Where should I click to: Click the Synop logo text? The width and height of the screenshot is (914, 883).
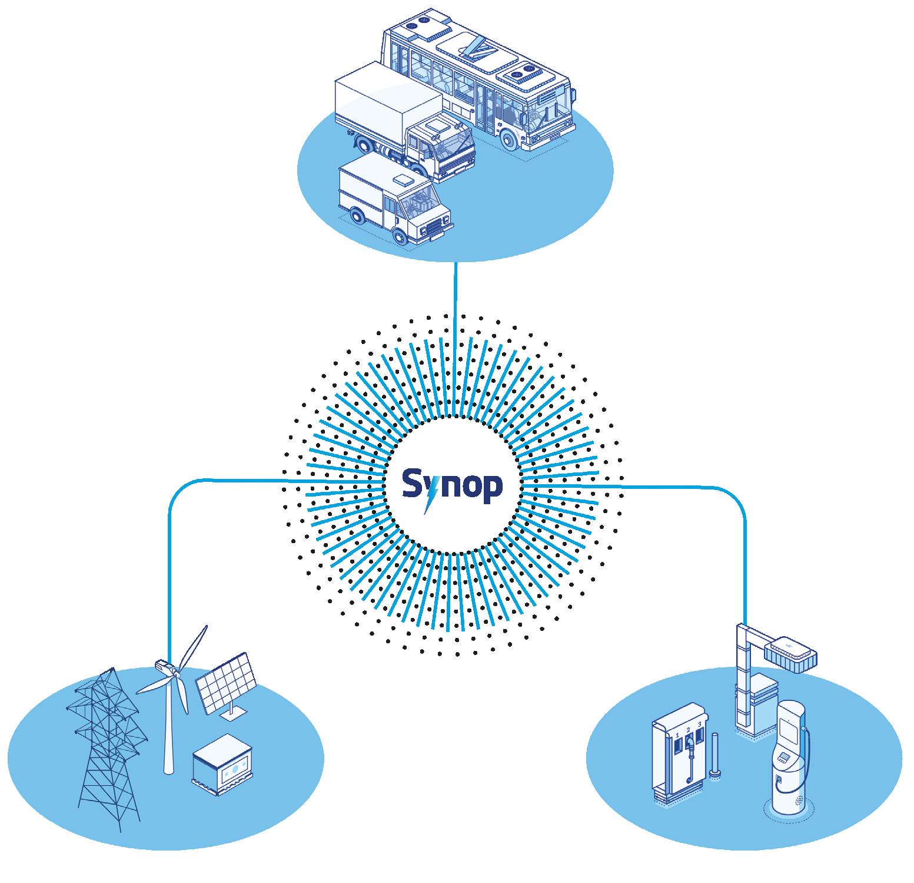[452, 487]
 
